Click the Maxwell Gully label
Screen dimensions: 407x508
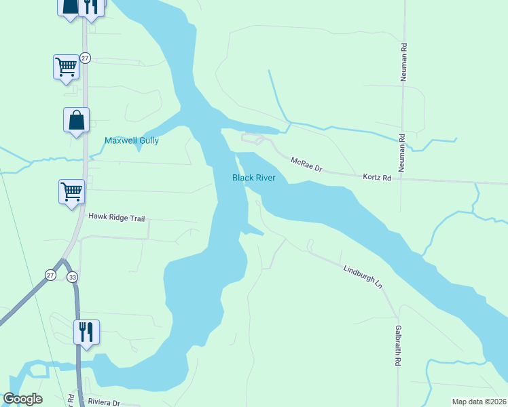[x=131, y=141]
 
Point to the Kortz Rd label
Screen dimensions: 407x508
[x=377, y=178]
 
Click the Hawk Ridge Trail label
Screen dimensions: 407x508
[x=117, y=216]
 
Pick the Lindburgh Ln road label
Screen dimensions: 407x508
[x=363, y=277]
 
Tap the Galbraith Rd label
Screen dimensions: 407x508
[x=398, y=347]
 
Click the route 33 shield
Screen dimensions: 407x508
[x=73, y=276]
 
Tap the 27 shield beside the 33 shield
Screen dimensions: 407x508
[x=51, y=274]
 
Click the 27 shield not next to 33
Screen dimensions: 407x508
[x=85, y=58]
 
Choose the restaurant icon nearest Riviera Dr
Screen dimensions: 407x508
[x=86, y=332]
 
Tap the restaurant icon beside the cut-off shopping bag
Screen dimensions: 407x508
[x=90, y=6]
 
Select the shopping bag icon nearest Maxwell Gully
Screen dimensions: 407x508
[x=76, y=120]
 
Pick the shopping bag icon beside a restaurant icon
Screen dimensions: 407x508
[x=70, y=6]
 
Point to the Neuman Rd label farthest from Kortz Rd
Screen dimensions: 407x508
[x=403, y=62]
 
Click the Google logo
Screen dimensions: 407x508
[x=23, y=399]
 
